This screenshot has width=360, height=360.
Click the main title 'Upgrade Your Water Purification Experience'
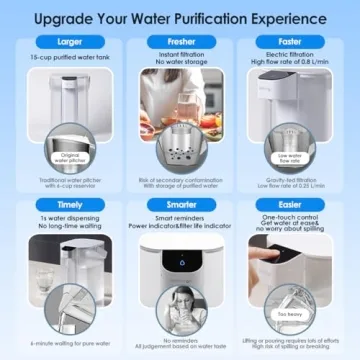coord(180,16)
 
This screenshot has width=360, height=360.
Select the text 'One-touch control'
coord(297,215)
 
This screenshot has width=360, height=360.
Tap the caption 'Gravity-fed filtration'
coord(297,177)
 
